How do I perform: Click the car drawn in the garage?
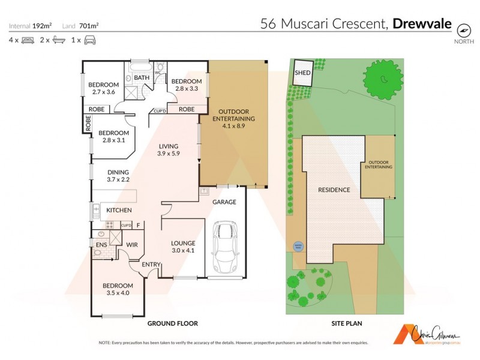[x=225, y=246]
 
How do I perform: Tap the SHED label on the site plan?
[x=302, y=73]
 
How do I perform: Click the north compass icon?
[x=464, y=29]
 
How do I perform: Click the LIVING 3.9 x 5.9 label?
[x=169, y=149]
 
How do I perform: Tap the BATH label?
[x=142, y=78]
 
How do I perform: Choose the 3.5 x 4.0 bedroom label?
[x=117, y=289]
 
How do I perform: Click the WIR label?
[x=132, y=245]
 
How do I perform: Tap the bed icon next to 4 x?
[x=28, y=40]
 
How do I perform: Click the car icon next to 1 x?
[x=89, y=40]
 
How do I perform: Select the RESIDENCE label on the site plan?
[x=334, y=190]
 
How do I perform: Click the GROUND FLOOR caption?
[x=173, y=323]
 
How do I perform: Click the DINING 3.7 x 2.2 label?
[x=118, y=175]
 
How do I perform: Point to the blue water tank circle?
[x=298, y=245]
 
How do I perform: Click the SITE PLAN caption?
[x=346, y=323]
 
